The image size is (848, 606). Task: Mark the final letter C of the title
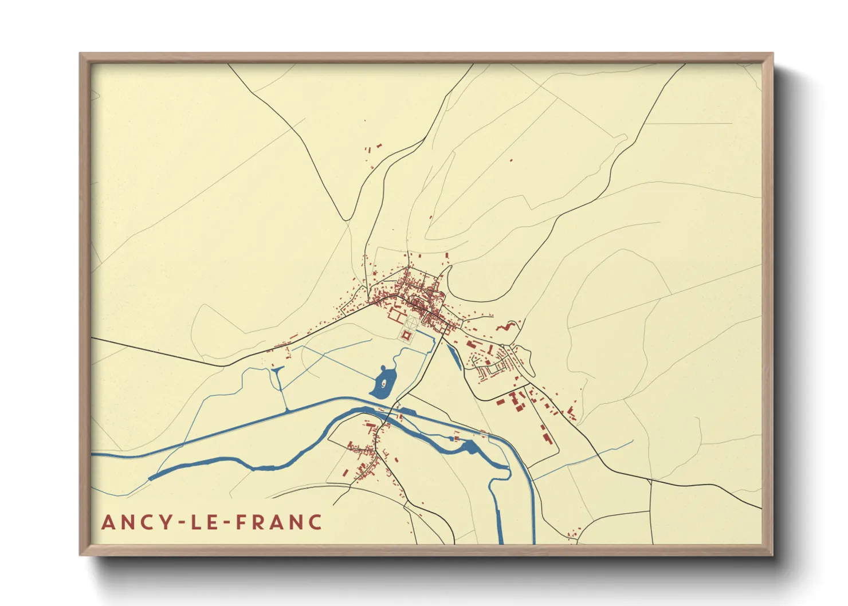tap(315, 522)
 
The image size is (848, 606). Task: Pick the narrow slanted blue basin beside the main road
tap(453, 355)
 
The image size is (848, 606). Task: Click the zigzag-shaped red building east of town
tap(504, 327)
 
